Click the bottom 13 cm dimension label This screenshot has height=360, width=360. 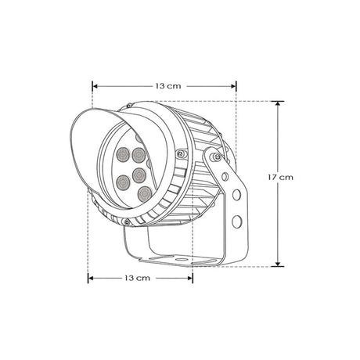138,278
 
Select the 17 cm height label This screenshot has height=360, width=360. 279,178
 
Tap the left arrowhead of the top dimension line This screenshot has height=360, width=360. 95,85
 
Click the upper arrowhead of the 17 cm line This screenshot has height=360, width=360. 275,104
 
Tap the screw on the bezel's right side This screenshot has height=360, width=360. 181,153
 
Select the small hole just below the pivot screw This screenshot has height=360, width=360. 225,177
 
